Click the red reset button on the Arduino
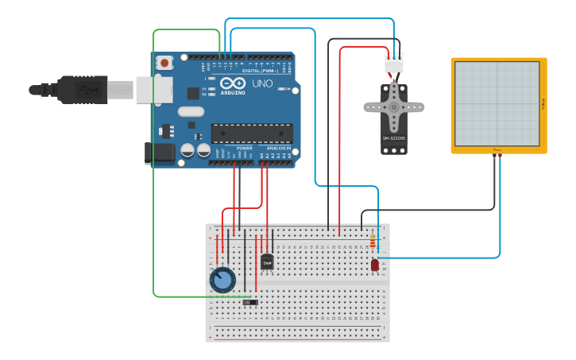click(x=164, y=62)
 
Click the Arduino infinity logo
click(x=234, y=83)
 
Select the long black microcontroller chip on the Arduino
click(x=251, y=134)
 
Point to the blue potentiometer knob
click(x=222, y=280)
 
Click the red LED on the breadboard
click(x=374, y=265)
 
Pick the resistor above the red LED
click(x=373, y=240)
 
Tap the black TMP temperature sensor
click(x=267, y=261)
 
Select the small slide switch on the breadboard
click(x=250, y=302)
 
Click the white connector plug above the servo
click(x=394, y=62)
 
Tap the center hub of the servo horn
click(x=394, y=106)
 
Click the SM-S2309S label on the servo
click(x=394, y=138)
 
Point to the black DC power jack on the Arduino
click(x=159, y=153)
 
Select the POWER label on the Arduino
click(x=244, y=148)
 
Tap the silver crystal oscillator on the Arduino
click(x=191, y=112)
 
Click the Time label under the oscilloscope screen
click(x=497, y=149)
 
